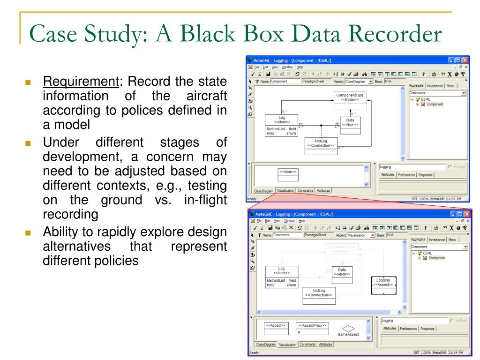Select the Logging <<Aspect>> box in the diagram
pos(383,284)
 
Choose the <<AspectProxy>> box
pos(313,329)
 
